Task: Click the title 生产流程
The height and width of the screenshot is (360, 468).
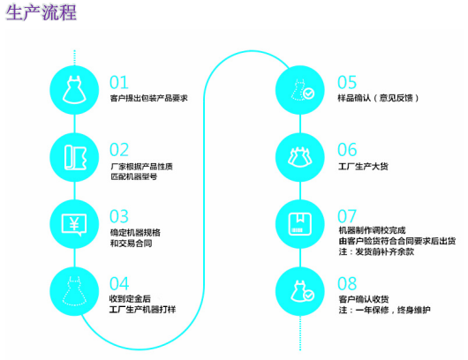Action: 41,12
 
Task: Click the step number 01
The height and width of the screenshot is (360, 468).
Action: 119,82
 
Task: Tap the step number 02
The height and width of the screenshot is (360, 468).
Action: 119,150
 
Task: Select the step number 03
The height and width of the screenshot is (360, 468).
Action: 119,216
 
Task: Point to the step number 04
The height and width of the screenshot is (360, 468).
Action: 119,283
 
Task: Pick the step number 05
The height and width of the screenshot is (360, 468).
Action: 347,82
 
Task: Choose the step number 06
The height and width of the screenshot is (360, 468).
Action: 347,150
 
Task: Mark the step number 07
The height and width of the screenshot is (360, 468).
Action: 347,216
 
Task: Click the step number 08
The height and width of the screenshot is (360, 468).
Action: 347,283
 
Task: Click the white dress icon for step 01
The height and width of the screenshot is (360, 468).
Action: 74,90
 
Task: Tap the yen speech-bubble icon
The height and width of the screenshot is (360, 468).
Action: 74,225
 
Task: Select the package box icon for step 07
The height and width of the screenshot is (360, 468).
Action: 300,224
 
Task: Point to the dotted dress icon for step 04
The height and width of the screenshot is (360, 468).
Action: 74,291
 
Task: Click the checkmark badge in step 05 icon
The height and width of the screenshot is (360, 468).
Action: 309,94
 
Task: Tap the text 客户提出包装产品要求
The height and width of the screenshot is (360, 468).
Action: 149,98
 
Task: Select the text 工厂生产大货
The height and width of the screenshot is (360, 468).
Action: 363,166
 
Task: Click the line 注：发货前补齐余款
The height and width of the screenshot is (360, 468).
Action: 376,251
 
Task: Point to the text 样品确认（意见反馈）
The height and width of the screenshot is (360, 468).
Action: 378,98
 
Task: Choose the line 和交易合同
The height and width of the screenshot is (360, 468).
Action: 131,244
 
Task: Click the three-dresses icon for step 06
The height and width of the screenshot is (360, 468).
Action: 300,157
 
